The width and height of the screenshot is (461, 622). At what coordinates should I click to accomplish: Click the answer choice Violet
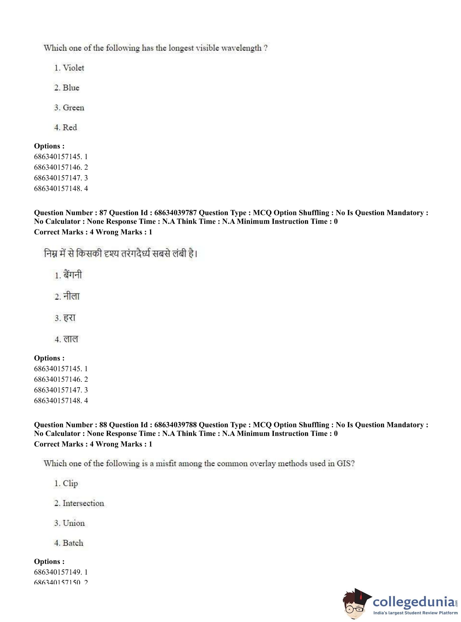(x=73, y=68)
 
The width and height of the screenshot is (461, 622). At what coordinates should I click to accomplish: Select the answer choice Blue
(x=71, y=88)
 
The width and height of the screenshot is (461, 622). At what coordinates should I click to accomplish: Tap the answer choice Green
(x=73, y=108)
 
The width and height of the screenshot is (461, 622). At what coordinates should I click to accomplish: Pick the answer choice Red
(x=70, y=128)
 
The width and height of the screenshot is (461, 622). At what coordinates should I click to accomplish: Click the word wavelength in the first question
(x=241, y=48)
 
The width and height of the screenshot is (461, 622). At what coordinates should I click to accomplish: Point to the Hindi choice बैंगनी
(x=73, y=275)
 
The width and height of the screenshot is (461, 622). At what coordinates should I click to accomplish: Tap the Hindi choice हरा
(x=69, y=318)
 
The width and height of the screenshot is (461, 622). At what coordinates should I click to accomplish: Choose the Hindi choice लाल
(x=71, y=339)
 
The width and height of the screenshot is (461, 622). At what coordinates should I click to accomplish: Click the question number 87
(x=103, y=213)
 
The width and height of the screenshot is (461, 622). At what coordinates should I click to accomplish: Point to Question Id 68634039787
(x=176, y=213)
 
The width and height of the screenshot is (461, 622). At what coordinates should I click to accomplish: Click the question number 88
(x=103, y=425)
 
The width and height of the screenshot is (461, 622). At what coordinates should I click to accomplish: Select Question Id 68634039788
(x=176, y=425)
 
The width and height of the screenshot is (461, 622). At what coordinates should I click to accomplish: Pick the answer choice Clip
(x=70, y=484)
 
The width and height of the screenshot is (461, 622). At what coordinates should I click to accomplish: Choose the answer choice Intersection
(x=83, y=503)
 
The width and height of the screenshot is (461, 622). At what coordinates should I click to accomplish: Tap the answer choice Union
(x=73, y=523)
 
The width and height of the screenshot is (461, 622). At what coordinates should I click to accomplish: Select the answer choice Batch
(x=73, y=543)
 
